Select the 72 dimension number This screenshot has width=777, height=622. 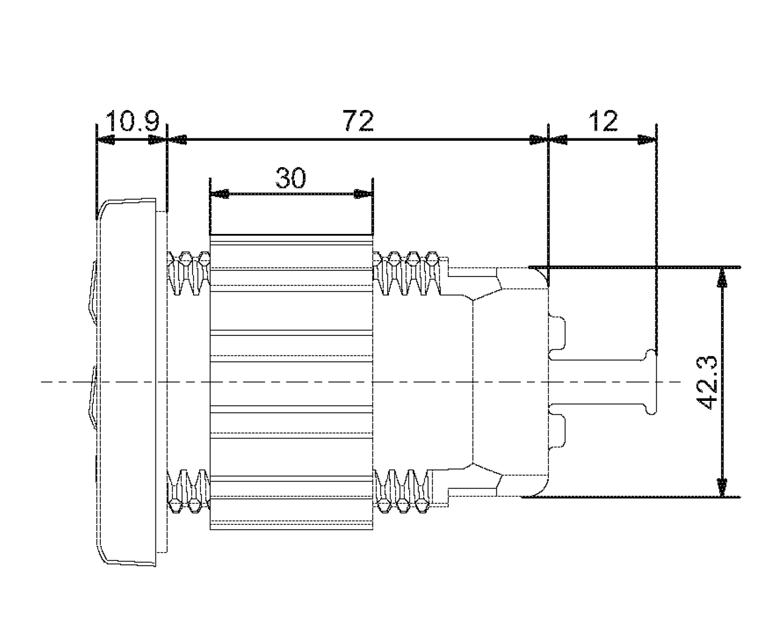(358, 121)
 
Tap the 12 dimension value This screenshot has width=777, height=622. (603, 121)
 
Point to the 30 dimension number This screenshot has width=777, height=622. (291, 179)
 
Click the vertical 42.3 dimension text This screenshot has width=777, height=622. (708, 383)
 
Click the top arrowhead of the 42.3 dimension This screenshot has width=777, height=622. (722, 277)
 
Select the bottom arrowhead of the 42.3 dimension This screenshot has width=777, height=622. (722, 487)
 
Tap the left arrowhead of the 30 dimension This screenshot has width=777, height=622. (219, 194)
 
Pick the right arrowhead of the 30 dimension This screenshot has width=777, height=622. (362, 194)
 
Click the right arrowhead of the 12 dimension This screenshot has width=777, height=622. (646, 140)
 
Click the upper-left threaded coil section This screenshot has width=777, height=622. (188, 273)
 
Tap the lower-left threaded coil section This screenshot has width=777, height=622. (188, 491)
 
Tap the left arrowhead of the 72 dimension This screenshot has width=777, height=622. (177, 140)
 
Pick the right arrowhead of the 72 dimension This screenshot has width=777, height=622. (538, 140)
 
